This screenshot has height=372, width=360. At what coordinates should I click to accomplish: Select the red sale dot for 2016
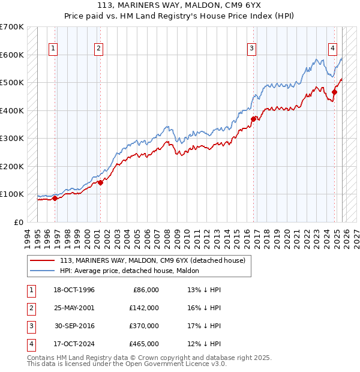point(254,119)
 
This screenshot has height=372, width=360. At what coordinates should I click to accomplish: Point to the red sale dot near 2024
point(335,92)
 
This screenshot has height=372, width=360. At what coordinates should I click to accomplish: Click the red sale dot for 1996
point(55,198)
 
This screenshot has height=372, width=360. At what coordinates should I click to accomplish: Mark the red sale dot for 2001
point(100,182)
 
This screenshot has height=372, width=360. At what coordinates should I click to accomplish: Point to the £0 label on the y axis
point(19,222)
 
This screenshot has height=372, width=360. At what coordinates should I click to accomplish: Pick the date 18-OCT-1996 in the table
point(74,290)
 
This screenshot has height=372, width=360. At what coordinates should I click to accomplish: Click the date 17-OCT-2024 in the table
point(74,344)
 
